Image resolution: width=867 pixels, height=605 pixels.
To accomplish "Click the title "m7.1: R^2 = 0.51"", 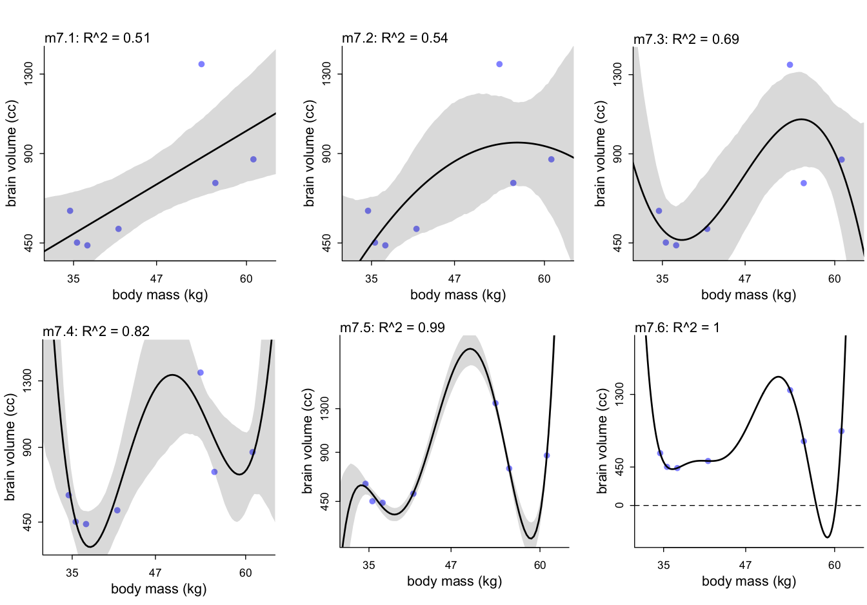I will click(x=97, y=38).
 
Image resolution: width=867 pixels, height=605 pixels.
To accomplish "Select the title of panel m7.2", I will click(x=395, y=38).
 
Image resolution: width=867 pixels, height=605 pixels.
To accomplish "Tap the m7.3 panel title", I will click(x=686, y=39).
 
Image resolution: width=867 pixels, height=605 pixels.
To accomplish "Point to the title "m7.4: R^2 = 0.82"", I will click(x=96, y=332).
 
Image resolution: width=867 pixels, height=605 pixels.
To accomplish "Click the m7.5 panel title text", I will click(x=392, y=328).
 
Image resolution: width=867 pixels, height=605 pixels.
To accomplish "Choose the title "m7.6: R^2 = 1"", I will click(x=677, y=328).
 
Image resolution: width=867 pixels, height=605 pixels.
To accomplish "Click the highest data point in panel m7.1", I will click(x=201, y=64).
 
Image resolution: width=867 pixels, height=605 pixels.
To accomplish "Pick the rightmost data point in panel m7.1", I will click(x=254, y=159).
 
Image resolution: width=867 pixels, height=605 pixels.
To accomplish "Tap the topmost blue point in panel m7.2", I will click(x=499, y=64).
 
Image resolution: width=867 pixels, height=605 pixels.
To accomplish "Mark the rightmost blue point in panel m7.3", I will click(x=841, y=160).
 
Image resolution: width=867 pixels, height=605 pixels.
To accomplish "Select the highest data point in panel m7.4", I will click(x=201, y=373).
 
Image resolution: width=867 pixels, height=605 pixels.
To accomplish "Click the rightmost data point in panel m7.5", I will click(x=546, y=455).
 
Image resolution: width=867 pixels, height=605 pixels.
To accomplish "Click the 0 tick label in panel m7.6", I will click(x=620, y=505).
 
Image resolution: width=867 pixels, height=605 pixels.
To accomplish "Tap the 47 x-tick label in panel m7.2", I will click(x=455, y=279).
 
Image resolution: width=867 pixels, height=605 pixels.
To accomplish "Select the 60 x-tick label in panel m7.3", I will click(x=835, y=279).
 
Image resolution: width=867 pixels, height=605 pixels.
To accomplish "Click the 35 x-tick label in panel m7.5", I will click(x=368, y=566).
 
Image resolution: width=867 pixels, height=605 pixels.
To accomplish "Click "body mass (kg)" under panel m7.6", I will click(x=748, y=582).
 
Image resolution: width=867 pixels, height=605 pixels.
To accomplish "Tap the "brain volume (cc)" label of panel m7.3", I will click(x=601, y=154).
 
